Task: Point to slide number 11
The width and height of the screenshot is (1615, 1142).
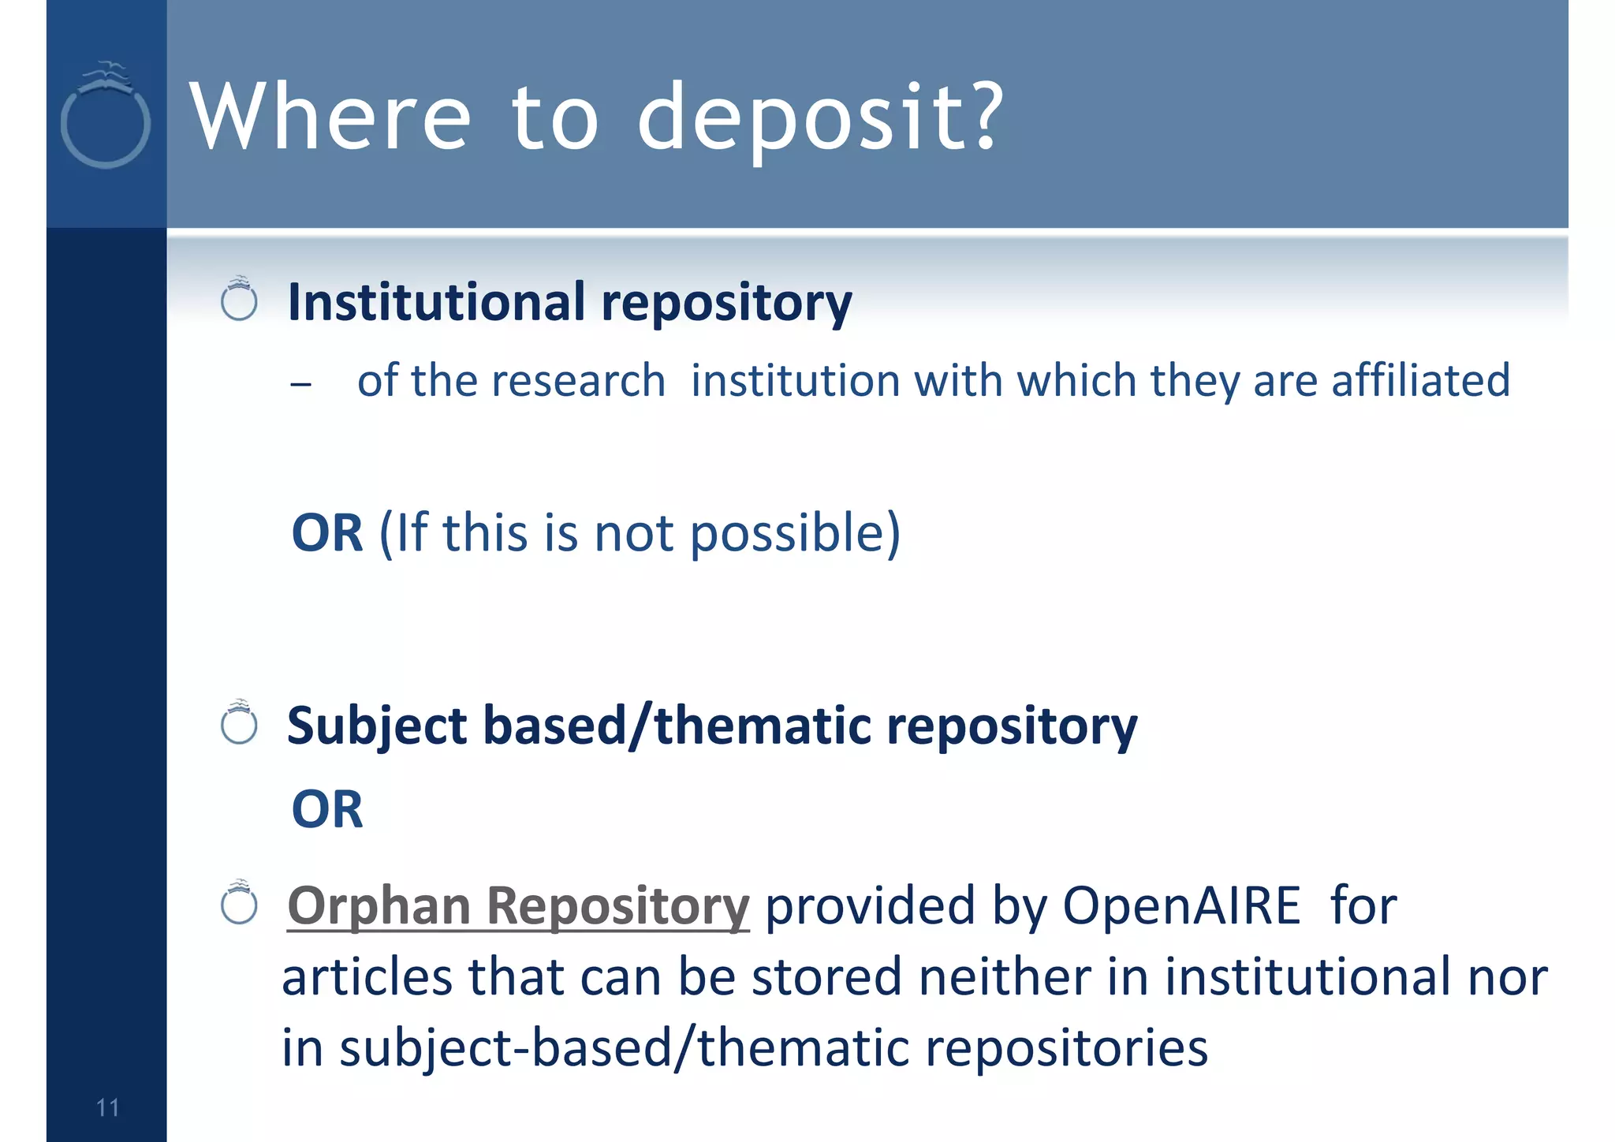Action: (x=107, y=1107)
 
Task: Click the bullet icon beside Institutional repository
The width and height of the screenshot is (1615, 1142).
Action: (x=239, y=300)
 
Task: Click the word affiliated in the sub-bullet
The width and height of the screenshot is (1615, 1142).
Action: (x=1420, y=380)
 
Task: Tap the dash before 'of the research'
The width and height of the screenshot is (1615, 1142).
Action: (x=300, y=385)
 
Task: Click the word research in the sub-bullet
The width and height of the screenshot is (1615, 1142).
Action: (x=578, y=381)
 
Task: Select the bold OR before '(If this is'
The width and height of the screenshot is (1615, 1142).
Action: (x=327, y=532)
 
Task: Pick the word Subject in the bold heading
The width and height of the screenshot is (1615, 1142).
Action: (x=377, y=726)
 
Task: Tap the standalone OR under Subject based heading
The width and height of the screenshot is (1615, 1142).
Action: (x=327, y=809)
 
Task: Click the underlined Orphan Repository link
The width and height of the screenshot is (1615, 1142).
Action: (x=518, y=905)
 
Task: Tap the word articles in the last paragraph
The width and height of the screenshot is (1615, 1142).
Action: (x=367, y=976)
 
